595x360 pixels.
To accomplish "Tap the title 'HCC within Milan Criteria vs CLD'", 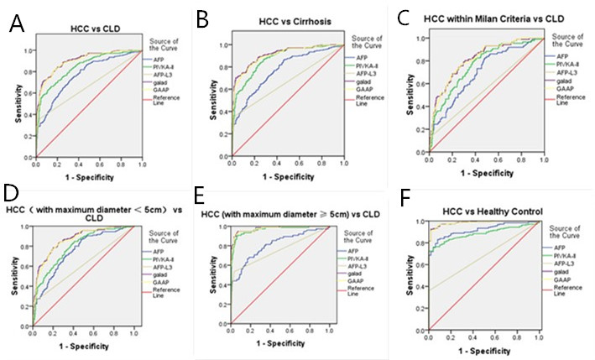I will [x=488, y=19].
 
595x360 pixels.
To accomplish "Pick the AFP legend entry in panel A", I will [x=158, y=60].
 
